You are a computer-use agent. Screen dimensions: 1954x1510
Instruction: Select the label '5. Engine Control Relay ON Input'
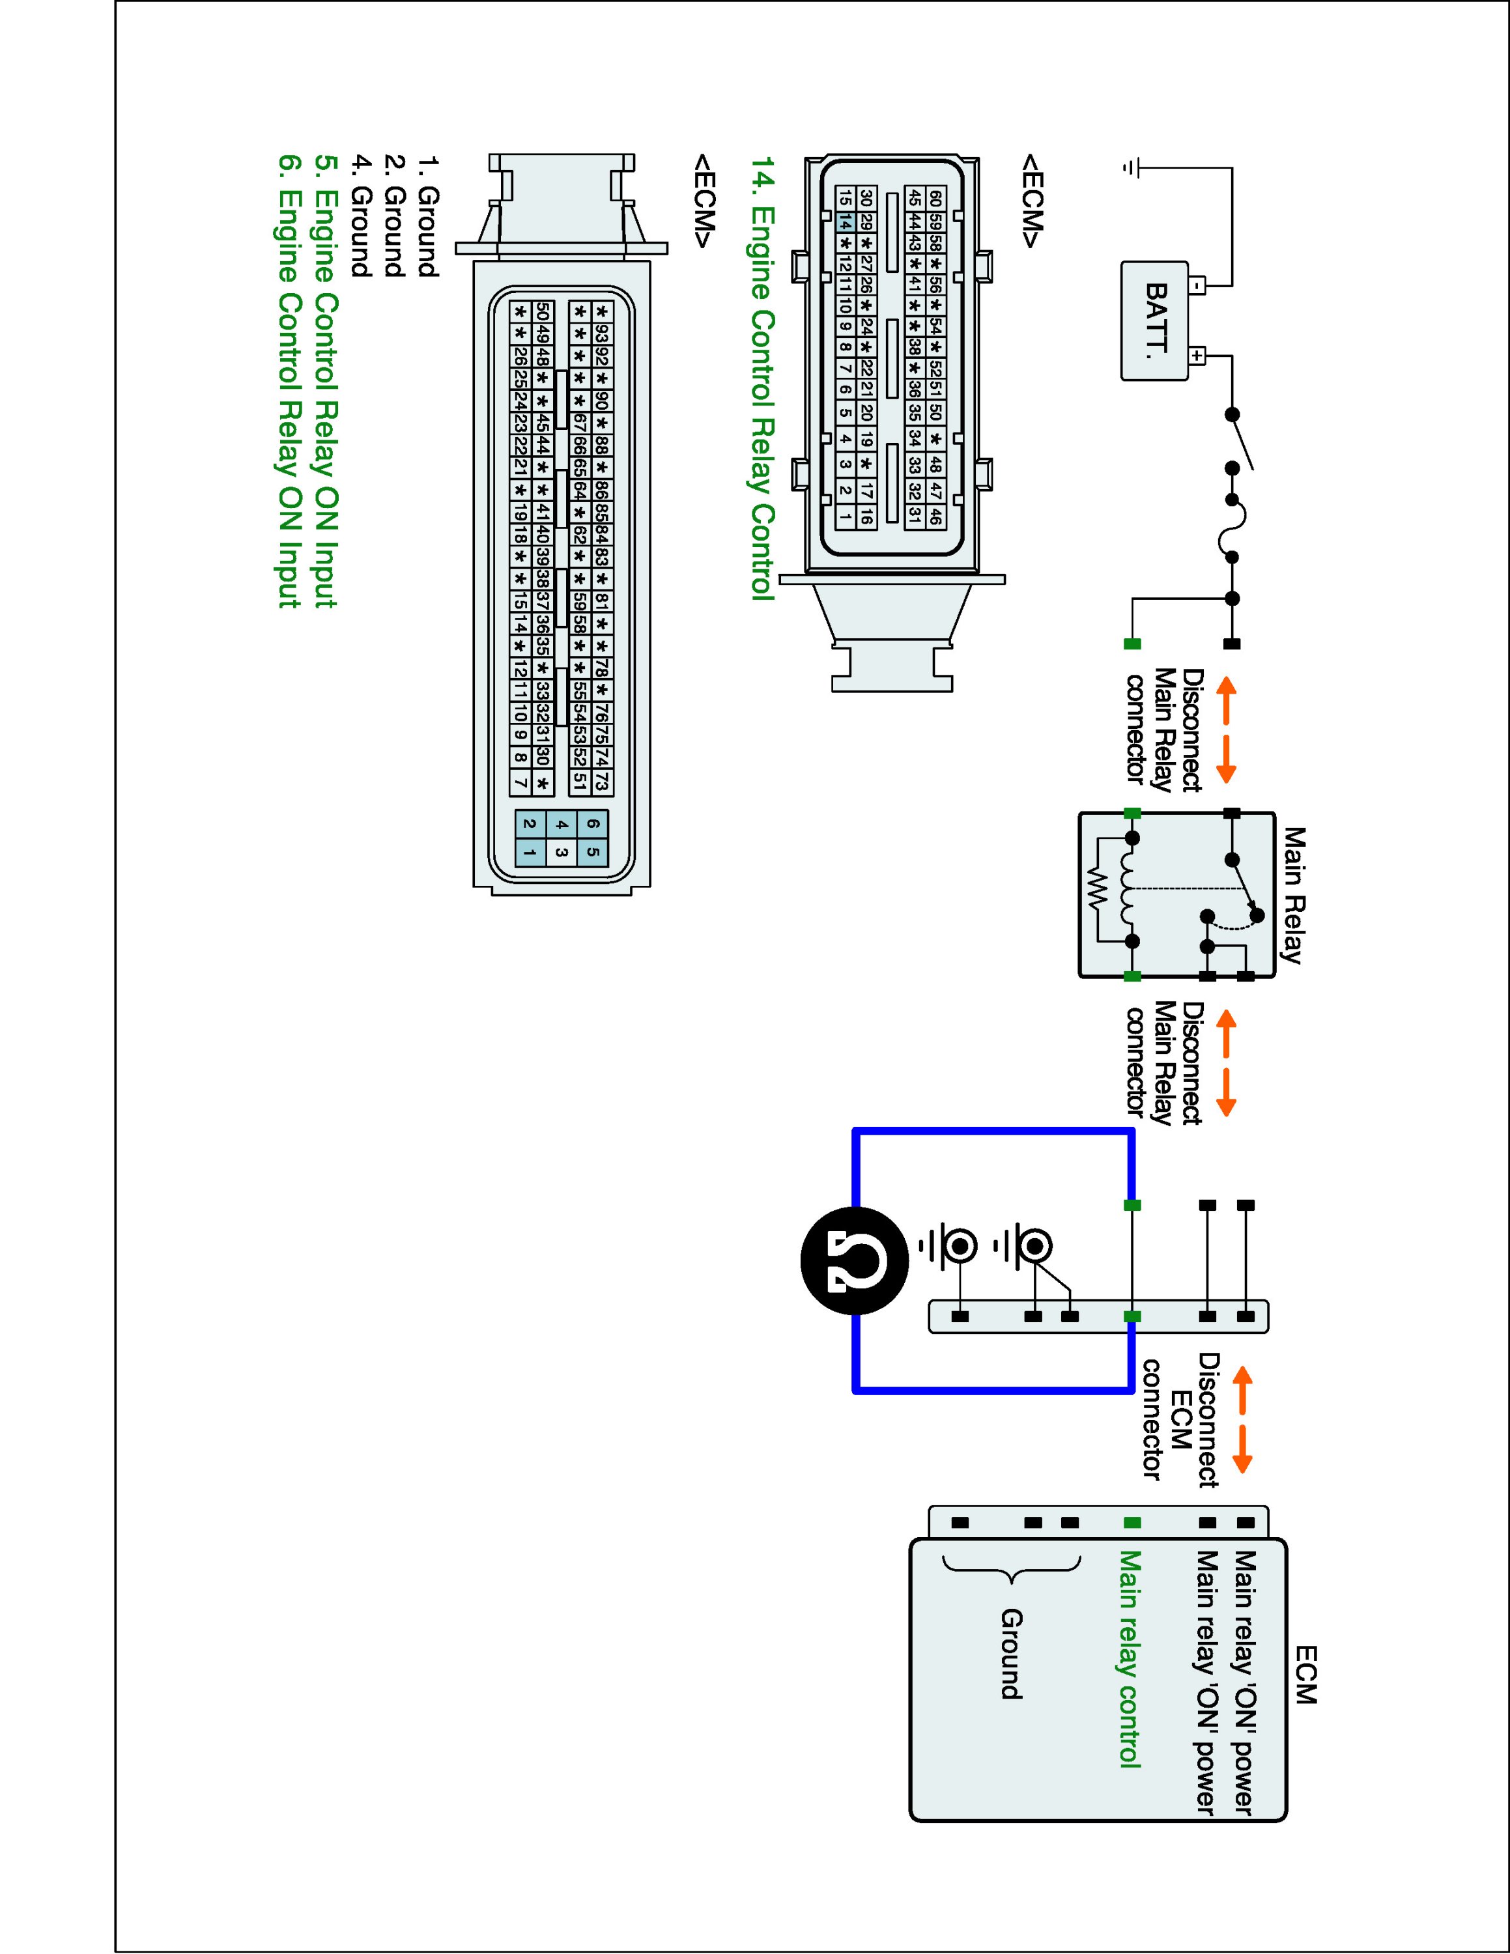pyautogui.click(x=326, y=382)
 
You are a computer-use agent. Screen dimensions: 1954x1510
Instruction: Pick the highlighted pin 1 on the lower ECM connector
pyautogui.click(x=530, y=853)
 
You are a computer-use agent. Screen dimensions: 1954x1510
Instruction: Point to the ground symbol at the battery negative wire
pyautogui.click(x=1132, y=167)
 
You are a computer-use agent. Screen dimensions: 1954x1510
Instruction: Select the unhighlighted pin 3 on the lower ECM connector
pyautogui.click(x=561, y=853)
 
